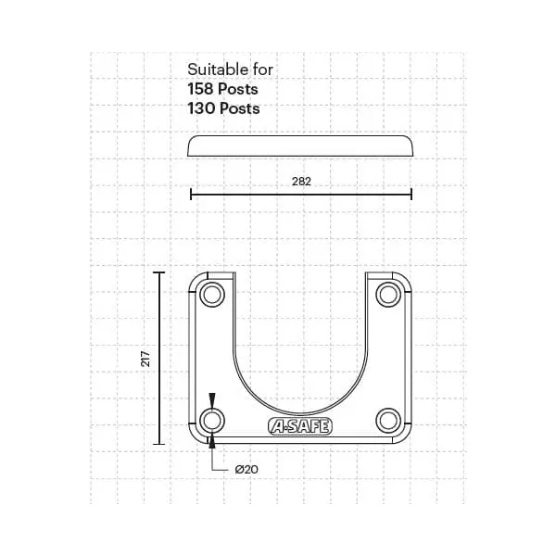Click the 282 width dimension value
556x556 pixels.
[300, 183]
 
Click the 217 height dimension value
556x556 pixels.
[145, 359]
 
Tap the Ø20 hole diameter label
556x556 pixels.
[246, 470]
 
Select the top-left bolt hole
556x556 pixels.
[212, 296]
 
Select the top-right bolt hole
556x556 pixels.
[387, 296]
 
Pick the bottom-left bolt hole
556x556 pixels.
[212, 421]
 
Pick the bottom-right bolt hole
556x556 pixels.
[387, 421]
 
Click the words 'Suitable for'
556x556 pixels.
[231, 69]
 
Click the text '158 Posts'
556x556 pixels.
[222, 90]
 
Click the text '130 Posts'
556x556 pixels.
[222, 108]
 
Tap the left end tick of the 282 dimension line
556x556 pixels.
[191, 195]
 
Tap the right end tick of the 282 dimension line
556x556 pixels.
[411, 195]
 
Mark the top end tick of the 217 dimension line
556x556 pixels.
[158, 273]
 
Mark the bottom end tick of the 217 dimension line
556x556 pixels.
[158, 444]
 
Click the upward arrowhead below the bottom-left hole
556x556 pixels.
[212, 440]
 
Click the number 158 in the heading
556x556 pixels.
[202, 90]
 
